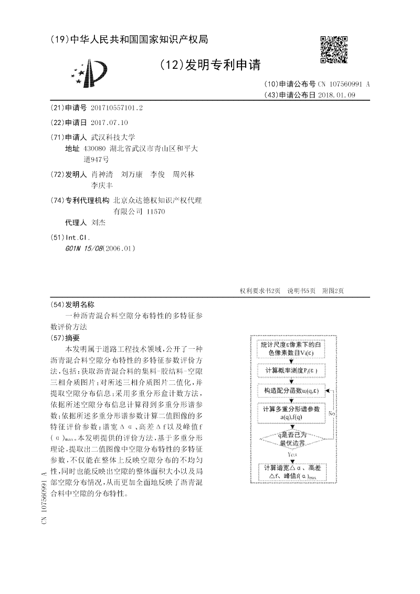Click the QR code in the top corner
click(x=334, y=49)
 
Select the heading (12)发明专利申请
click(x=209, y=65)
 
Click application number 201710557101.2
click(x=117, y=108)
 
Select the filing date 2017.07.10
click(x=109, y=123)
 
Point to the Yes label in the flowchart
click(x=293, y=453)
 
